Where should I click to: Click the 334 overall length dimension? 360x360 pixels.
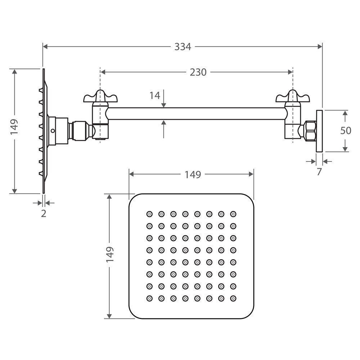[x=183, y=47]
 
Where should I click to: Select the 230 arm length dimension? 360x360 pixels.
[x=198, y=72]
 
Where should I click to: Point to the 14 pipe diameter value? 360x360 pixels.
[x=155, y=95]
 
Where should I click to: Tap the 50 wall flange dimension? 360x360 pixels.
[x=346, y=131]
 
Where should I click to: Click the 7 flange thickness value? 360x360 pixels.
[x=319, y=172]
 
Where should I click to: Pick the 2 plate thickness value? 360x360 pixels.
[x=44, y=213]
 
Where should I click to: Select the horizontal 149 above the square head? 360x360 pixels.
[x=193, y=175]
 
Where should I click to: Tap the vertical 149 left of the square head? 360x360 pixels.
[x=110, y=255]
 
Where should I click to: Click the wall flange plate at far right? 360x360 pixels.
[x=319, y=131]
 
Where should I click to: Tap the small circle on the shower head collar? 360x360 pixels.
[x=53, y=131]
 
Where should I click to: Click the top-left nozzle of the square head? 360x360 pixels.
[x=149, y=214]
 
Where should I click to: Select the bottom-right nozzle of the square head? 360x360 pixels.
[x=233, y=298]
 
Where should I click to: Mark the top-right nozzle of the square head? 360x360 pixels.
[x=233, y=214]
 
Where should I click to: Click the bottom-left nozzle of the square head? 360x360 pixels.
[x=149, y=298]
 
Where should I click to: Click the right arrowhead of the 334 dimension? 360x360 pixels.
[x=320, y=47]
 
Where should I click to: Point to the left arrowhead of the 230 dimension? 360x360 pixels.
[x=103, y=72]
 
